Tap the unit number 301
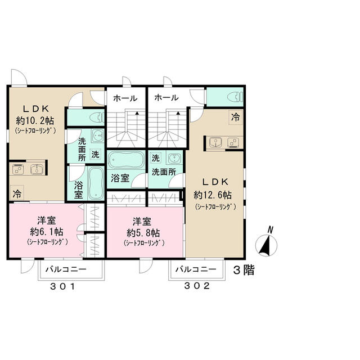coord(62,286)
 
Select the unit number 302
coord(197,286)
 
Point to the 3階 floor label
coord(244,269)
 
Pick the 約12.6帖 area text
coord(213,195)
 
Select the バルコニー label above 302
coord(195,269)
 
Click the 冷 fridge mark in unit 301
coord(17,193)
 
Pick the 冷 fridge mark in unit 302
coord(235,118)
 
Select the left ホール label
coord(125,98)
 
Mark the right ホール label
coord(166,98)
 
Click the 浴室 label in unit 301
coord(78,189)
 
